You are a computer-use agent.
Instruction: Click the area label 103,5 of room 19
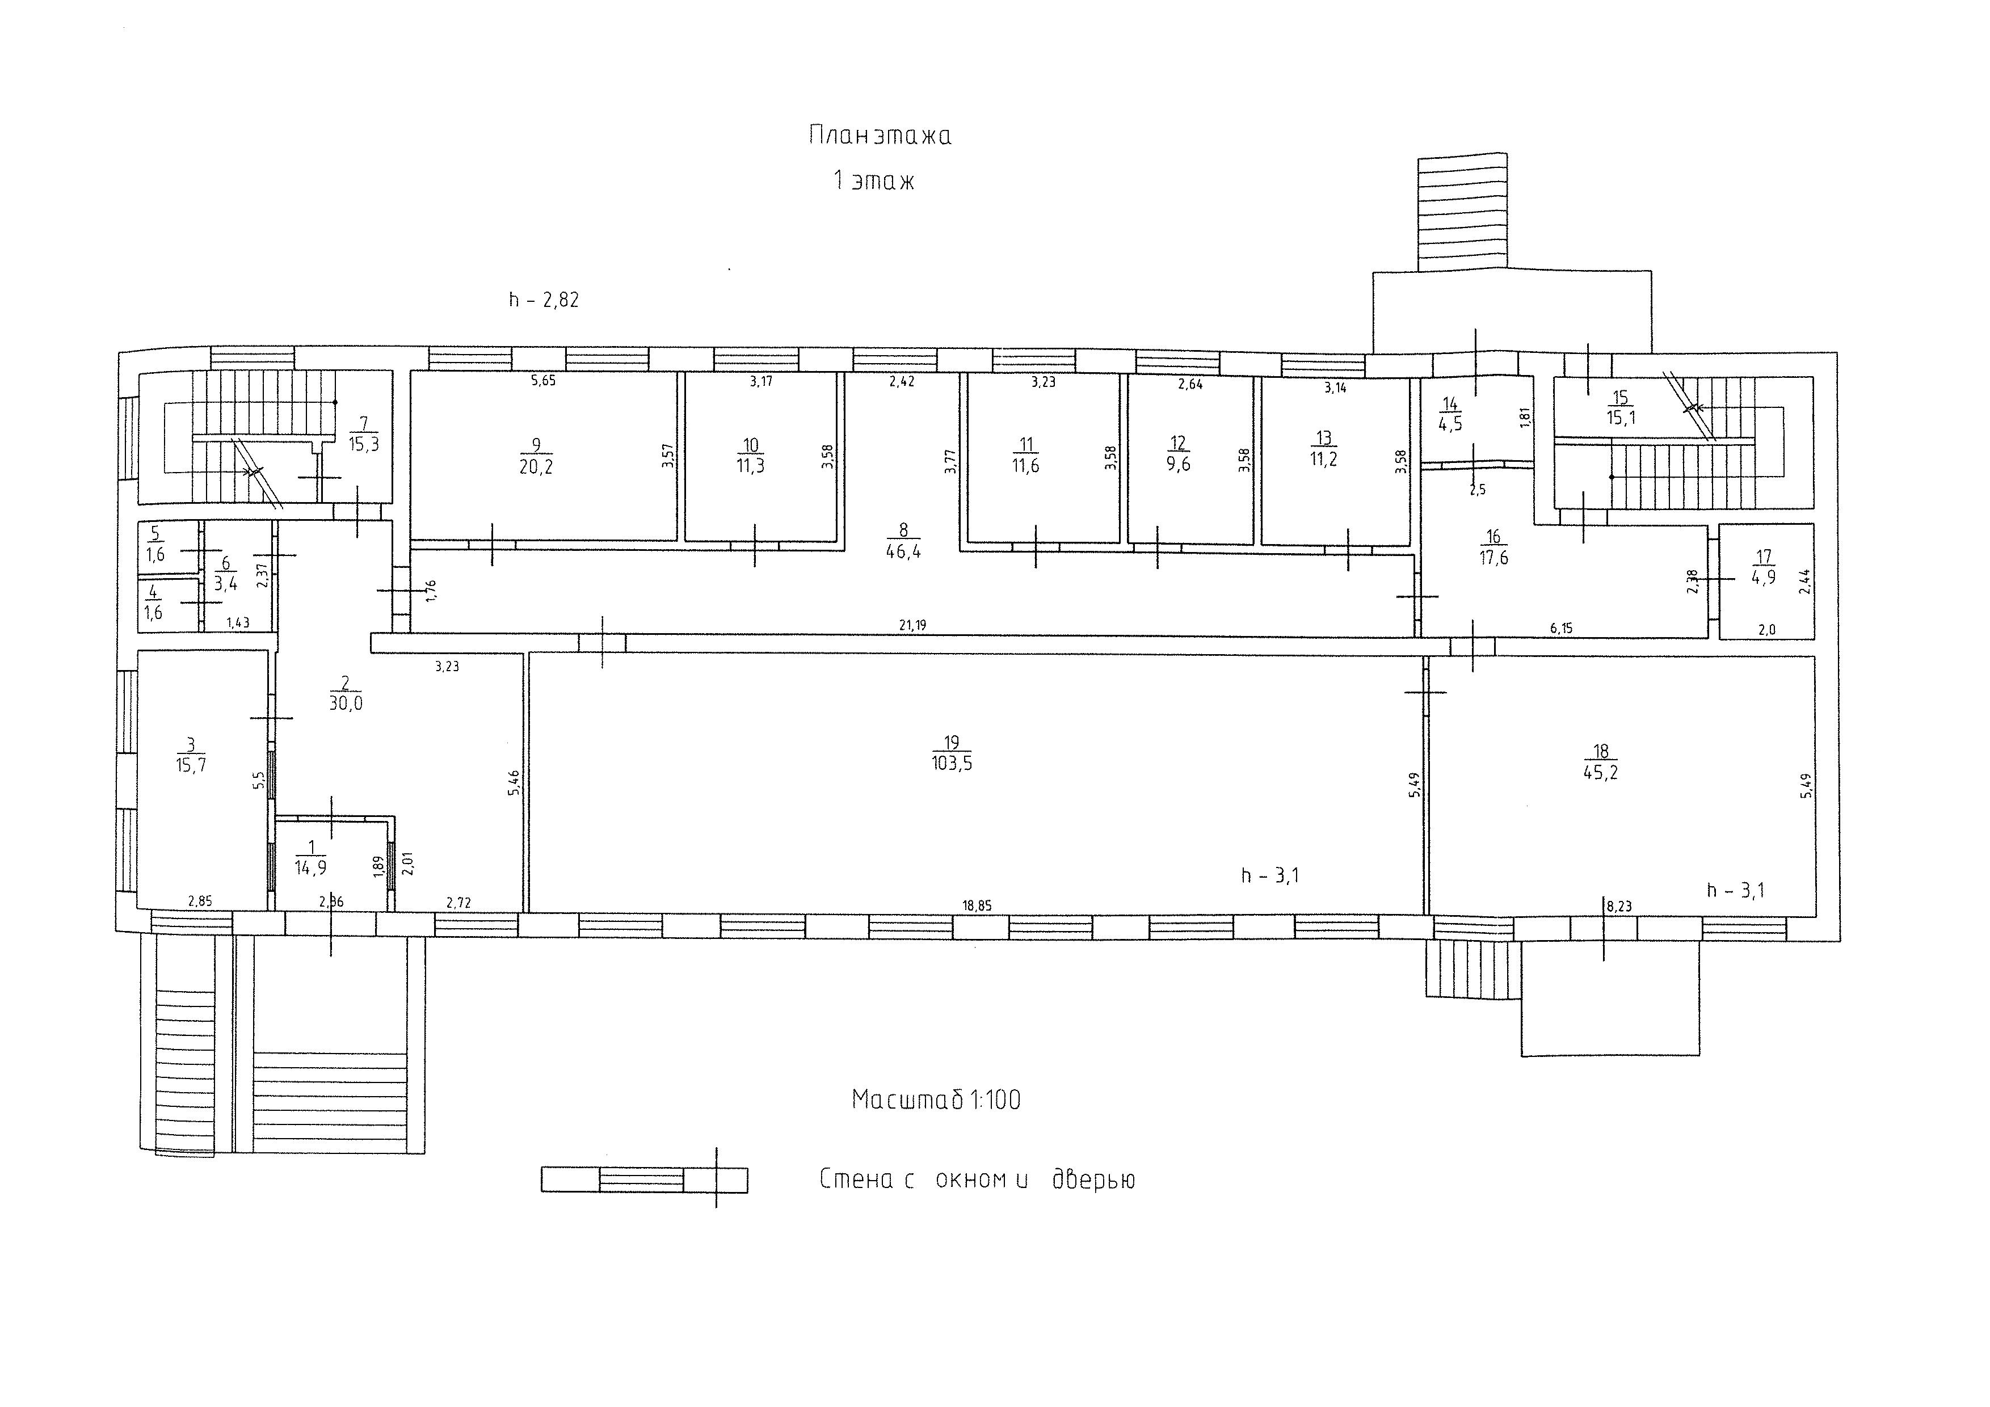[x=951, y=763]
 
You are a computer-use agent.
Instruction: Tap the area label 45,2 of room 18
[x=1601, y=772]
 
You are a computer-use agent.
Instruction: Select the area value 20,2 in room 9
[x=536, y=466]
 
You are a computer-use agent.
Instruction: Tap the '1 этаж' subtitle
[x=874, y=181]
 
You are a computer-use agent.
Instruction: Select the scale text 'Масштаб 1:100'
[x=936, y=1100]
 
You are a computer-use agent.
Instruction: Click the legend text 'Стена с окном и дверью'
[x=977, y=1180]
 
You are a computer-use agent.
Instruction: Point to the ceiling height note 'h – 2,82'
[x=544, y=300]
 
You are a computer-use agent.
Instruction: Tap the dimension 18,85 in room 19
[x=977, y=906]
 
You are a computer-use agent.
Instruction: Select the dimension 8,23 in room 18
[x=1619, y=906]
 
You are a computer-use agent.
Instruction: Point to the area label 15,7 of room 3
[x=191, y=765]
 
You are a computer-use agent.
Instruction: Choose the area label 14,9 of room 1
[x=310, y=867]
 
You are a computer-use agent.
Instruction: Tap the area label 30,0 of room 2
[x=346, y=703]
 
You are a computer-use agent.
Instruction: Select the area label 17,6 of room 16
[x=1493, y=558]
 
